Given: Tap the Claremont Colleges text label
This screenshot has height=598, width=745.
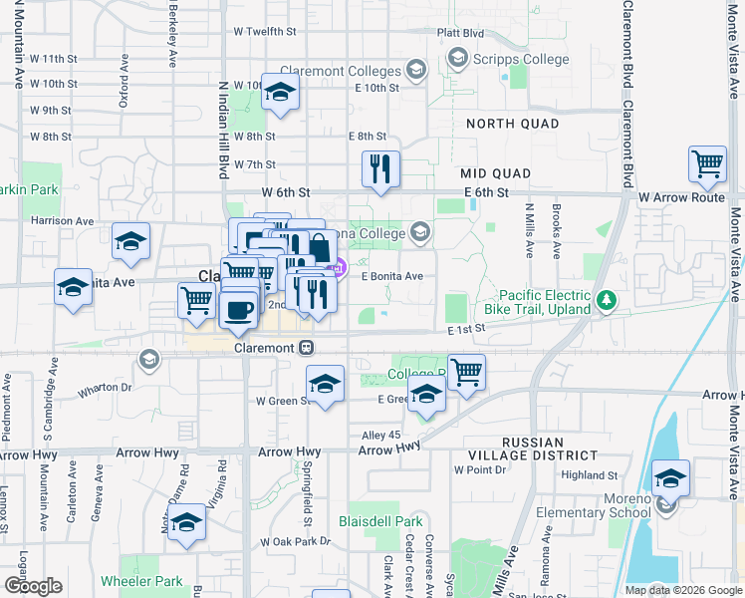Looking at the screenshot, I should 341,71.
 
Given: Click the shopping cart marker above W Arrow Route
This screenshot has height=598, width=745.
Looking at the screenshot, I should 707,164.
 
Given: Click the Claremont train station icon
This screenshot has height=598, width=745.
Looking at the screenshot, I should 308,348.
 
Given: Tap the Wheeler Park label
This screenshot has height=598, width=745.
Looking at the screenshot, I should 141,581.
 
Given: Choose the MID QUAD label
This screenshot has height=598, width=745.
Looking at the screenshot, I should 495,173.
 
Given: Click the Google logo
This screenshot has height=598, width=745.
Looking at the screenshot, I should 33,586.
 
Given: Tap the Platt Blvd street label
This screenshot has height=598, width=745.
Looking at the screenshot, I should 460,32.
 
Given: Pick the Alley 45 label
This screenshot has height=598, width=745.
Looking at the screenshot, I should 380,435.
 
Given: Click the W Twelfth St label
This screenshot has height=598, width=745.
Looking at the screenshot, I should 265,32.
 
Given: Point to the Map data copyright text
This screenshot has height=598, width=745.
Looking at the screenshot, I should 682,589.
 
